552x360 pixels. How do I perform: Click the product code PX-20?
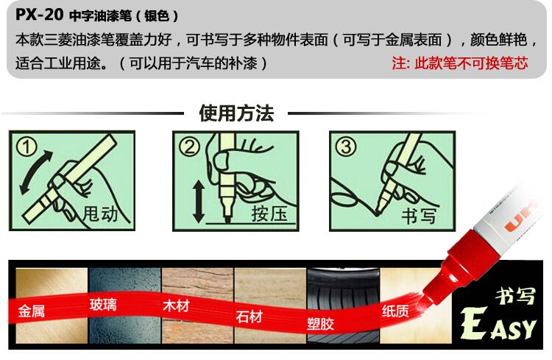coord(40,15)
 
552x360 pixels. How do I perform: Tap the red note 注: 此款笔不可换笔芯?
coord(460,63)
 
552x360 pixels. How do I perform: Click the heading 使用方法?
coord(236,113)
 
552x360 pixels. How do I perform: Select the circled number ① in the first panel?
coord(26,147)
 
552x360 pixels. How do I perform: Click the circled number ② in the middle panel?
coord(189,147)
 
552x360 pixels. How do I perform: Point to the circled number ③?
coord(346,147)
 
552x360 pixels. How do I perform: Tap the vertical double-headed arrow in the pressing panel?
coord(199,202)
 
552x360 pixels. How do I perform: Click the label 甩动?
coord(100,213)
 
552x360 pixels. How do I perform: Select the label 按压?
coord(269,213)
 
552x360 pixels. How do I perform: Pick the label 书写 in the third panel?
coord(419,216)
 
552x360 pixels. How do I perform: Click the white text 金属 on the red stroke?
coord(32,311)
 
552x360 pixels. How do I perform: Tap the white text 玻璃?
coord(103,305)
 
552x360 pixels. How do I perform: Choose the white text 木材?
coord(176,306)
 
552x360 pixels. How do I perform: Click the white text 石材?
coord(250,317)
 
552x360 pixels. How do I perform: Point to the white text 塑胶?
coord(320,323)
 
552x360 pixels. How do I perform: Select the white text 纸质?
coord(395,311)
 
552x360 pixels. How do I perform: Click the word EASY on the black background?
coord(498,324)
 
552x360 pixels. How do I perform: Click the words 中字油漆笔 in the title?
coord(100,16)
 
